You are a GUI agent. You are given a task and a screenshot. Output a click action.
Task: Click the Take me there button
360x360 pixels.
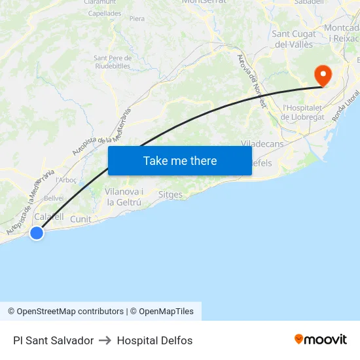[x=180, y=160]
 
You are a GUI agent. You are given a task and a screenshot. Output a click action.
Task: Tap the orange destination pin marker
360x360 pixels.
[x=322, y=75]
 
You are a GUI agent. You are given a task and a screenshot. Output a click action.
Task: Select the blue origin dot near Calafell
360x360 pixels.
[x=37, y=232]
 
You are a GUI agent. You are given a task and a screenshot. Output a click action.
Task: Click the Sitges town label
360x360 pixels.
[x=171, y=194]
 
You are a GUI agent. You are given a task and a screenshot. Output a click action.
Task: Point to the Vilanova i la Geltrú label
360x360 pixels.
[x=124, y=196]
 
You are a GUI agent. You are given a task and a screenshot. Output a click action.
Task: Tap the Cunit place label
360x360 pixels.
[x=81, y=219]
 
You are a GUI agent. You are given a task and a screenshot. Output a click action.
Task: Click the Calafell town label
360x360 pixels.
[x=48, y=217]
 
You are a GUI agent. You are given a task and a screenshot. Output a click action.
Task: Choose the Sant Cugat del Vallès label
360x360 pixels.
[x=293, y=39]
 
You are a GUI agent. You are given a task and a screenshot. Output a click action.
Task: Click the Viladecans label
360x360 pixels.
[x=262, y=143]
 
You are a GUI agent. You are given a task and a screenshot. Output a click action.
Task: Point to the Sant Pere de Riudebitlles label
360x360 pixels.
[x=112, y=62]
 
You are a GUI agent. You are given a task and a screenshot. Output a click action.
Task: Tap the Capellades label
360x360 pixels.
[x=105, y=12]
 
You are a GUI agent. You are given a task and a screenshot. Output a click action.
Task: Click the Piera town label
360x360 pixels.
[x=137, y=19]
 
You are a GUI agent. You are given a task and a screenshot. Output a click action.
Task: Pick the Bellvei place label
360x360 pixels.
[x=54, y=198]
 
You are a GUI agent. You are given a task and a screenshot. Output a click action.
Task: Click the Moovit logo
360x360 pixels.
[x=320, y=340]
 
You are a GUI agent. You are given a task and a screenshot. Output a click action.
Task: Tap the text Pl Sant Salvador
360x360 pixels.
[x=53, y=340]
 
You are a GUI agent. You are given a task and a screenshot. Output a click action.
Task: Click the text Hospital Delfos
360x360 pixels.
[x=154, y=340]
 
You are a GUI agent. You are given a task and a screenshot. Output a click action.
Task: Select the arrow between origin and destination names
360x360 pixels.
[x=105, y=340]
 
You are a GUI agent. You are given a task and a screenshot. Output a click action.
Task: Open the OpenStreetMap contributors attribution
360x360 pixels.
[x=66, y=312]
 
